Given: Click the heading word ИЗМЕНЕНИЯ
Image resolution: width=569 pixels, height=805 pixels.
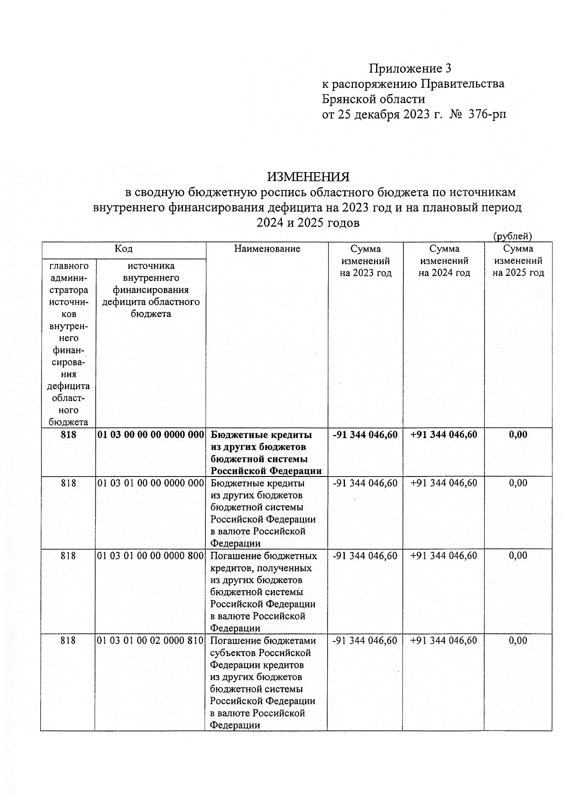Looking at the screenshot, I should [308, 177].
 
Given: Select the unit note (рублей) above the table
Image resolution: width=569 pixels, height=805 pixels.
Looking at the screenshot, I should [513, 236].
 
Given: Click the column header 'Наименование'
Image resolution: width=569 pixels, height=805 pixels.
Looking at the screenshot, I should [267, 248].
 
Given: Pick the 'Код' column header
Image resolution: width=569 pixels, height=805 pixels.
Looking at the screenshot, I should [124, 248].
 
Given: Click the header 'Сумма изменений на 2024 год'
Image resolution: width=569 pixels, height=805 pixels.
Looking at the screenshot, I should [444, 260].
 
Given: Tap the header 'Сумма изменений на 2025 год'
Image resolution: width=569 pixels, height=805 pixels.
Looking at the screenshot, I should [518, 260].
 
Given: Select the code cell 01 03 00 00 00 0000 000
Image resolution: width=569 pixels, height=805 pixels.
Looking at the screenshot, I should [150, 435].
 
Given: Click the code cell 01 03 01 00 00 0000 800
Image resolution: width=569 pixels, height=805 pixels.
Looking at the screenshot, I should [150, 556].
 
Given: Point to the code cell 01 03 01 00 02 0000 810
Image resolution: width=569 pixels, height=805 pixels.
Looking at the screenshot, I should [150, 640].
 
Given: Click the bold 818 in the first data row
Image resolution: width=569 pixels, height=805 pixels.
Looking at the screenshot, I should [68, 435].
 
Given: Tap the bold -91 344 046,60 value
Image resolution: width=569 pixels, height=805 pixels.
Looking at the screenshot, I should [365, 435].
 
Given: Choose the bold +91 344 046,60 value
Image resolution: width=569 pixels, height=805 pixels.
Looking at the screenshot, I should [444, 435].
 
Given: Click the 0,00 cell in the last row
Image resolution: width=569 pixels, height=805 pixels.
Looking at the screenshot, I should [518, 640].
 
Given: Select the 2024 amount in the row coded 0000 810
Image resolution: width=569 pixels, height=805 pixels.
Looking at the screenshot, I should [444, 640].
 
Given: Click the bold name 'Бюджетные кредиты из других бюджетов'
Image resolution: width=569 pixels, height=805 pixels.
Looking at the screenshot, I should [261, 441].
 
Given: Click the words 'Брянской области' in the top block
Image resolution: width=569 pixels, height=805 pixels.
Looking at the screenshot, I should [374, 99].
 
